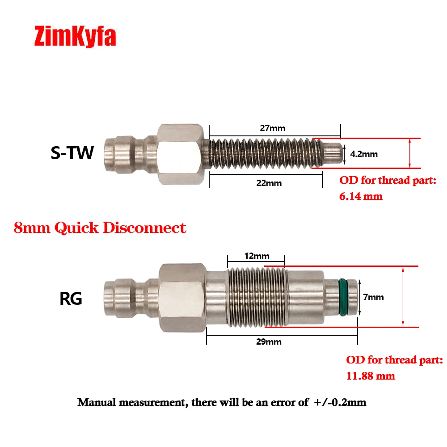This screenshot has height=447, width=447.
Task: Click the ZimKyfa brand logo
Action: point(75,37)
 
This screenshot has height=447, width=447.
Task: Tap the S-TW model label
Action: point(72,153)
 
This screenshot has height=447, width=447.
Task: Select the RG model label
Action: point(71,298)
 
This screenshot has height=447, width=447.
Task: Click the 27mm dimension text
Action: point(273,128)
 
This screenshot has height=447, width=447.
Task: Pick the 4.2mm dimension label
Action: point(363,154)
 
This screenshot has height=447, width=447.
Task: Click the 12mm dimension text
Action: point(257,256)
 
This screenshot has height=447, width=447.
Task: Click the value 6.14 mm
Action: point(361,195)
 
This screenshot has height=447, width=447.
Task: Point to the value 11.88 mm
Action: point(371,375)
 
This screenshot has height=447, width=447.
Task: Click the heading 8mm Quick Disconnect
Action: point(100,228)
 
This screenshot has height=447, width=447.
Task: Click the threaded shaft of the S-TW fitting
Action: point(264,153)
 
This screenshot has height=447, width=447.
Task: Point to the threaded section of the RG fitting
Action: point(256,296)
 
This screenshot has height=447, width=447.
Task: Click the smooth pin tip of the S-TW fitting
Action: point(333,153)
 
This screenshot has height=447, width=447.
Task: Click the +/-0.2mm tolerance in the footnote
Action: point(340,402)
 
